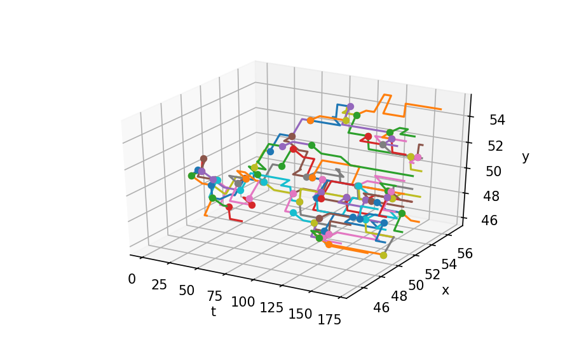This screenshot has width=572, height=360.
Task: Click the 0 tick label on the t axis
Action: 132,279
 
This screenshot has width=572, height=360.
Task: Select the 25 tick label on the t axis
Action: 159,285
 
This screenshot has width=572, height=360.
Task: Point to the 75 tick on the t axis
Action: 215,296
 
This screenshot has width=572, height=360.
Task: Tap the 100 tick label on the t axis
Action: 243,302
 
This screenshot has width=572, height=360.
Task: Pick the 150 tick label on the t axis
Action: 300,314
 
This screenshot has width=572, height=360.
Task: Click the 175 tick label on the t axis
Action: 329,320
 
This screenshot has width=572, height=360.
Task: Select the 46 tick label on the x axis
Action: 381,308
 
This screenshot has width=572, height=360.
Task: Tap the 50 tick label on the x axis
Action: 416,285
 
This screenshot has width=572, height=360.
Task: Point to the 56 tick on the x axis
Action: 465,253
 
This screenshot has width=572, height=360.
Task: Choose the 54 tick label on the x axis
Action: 449,264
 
